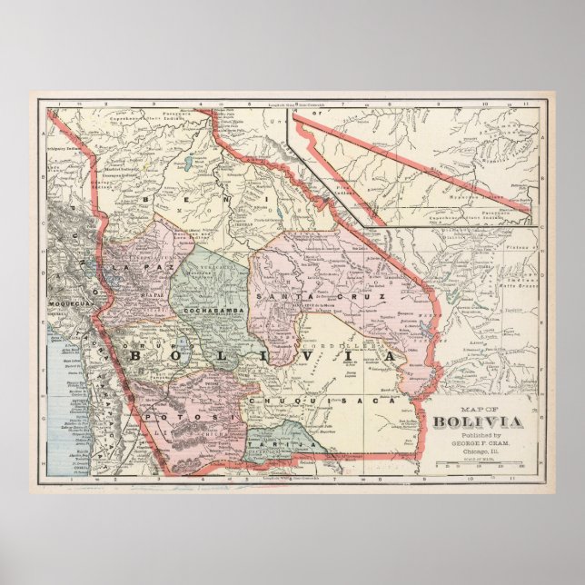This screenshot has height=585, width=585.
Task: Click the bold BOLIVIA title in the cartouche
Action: point(477,421)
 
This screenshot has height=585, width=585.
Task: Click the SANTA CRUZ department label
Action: point(322,297)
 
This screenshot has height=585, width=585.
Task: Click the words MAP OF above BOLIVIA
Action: point(477,409)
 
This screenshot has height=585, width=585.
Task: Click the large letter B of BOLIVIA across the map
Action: point(138,355)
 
